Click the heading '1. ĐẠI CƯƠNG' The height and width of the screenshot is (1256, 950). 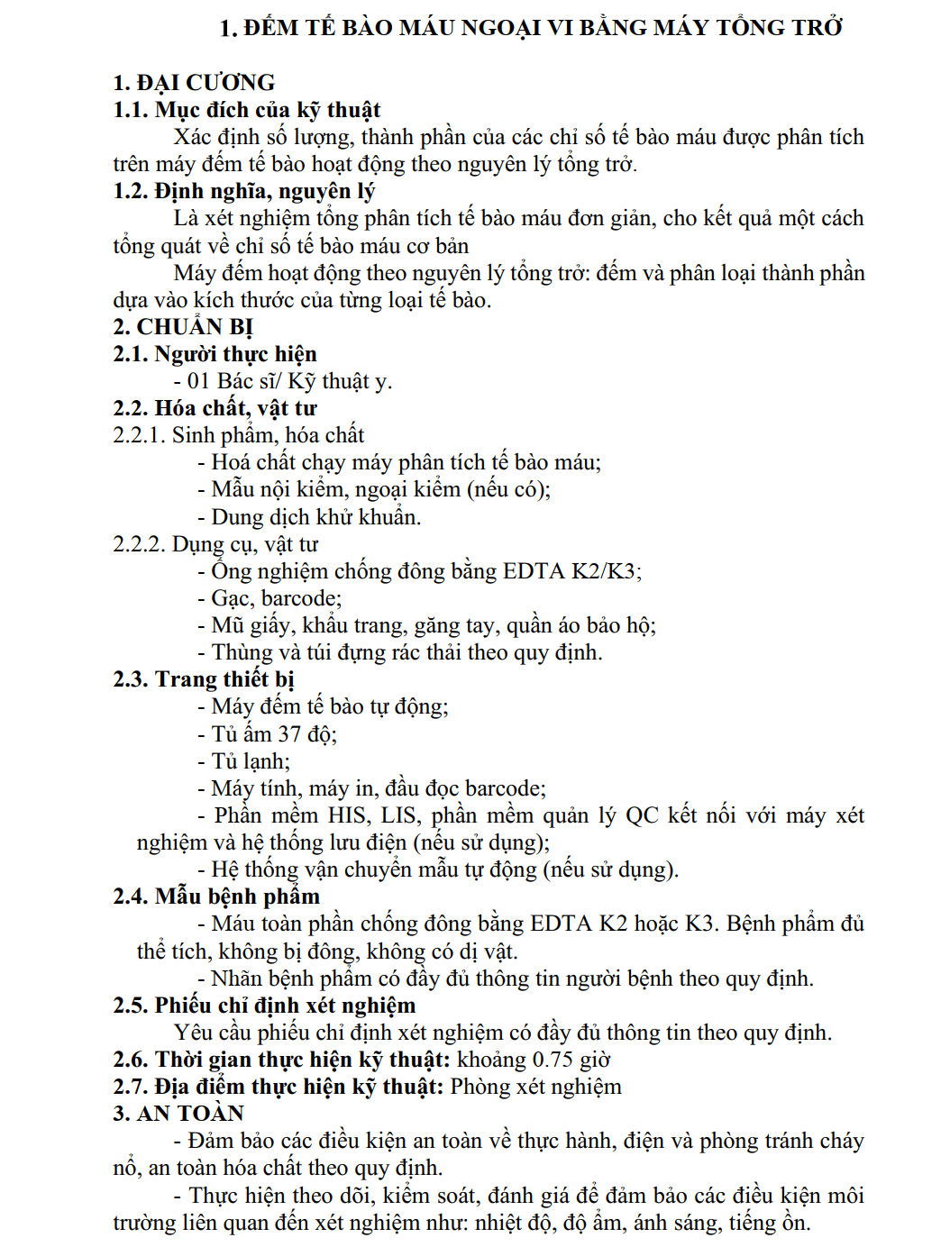click(194, 83)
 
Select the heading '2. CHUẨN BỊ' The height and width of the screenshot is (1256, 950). click(183, 327)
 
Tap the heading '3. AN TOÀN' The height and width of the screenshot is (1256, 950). click(178, 1114)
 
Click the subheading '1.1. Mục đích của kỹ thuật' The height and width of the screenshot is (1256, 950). click(246, 110)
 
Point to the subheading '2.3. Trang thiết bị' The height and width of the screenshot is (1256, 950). click(203, 679)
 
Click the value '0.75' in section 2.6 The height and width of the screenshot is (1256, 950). click(553, 1060)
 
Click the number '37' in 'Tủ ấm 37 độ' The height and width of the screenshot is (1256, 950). click(288, 734)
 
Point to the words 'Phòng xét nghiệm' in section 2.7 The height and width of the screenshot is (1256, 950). click(535, 1087)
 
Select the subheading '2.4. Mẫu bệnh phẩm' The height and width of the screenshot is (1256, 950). click(216, 896)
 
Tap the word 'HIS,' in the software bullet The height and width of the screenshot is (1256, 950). click(347, 815)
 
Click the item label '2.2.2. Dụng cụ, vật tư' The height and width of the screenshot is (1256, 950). click(215, 544)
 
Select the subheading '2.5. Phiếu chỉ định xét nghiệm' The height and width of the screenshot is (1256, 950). click(264, 1006)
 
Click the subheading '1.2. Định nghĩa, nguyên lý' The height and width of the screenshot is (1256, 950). click(243, 191)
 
